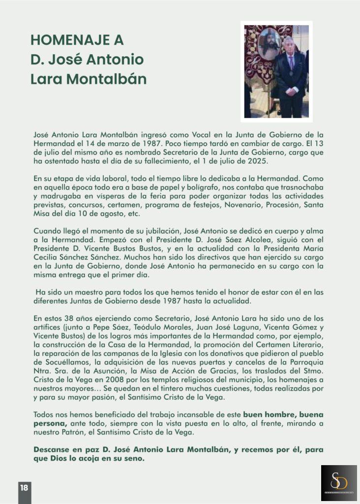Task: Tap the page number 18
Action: (24, 488)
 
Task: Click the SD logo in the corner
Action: (339, 483)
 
